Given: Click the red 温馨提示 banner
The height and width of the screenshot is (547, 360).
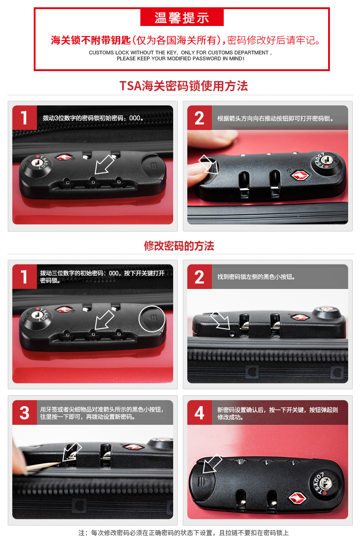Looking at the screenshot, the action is tap(182, 17).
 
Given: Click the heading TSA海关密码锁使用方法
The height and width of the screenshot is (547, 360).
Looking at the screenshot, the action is tap(184, 86).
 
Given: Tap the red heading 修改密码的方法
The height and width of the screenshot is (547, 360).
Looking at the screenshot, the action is tap(179, 246).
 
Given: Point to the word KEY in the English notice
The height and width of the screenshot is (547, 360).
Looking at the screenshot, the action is tap(172, 53).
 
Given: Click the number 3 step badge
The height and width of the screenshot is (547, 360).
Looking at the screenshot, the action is tap(25, 413).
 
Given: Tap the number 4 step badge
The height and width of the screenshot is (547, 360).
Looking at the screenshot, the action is tap(200, 413).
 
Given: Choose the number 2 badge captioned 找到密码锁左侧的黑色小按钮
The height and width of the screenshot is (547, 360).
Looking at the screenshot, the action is tap(200, 277).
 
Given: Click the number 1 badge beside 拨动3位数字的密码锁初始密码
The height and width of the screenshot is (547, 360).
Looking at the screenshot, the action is tap(25, 118).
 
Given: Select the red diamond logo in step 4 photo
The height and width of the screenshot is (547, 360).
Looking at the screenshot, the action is tap(298, 498).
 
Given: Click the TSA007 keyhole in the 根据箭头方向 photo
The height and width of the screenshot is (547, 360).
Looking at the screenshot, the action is tap(325, 160).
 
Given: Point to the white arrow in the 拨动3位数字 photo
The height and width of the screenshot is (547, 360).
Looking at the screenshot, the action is tap(104, 165).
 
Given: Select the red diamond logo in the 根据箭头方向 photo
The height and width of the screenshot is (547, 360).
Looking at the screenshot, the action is tap(300, 175).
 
